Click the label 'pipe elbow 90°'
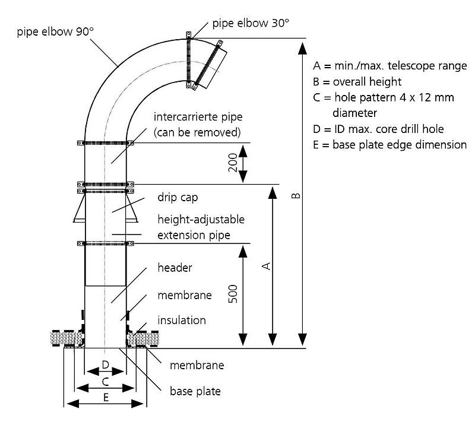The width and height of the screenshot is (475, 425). coord(55,31)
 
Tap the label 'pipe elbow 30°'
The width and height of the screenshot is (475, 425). coord(251,23)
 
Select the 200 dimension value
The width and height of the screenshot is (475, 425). coord(233,163)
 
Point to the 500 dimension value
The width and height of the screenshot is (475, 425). coord(233,294)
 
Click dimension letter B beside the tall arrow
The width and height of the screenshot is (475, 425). coord(296,195)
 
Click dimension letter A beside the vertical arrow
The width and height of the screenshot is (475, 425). coord(266,267)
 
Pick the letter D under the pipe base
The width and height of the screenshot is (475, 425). coord(106,364)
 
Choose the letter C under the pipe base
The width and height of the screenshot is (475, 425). coord(106,382)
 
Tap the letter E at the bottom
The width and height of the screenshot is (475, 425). coord(106,397)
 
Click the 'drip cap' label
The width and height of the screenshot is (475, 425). coord(178,198)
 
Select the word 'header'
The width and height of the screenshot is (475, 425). coord(175,268)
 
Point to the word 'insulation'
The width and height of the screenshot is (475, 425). coord(182,320)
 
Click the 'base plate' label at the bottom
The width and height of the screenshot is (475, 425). coord(195,391)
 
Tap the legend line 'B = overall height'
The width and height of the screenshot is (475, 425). coord(357,81)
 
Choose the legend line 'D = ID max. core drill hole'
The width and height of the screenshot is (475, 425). coord(378,129)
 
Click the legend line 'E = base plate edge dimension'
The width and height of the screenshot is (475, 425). coord(389,145)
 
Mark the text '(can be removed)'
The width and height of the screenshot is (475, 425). coord(197,132)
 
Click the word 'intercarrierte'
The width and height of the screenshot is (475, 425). coord(185,116)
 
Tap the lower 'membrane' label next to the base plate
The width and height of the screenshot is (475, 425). coord(197,365)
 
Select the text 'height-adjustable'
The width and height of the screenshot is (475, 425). coord(201,219)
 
